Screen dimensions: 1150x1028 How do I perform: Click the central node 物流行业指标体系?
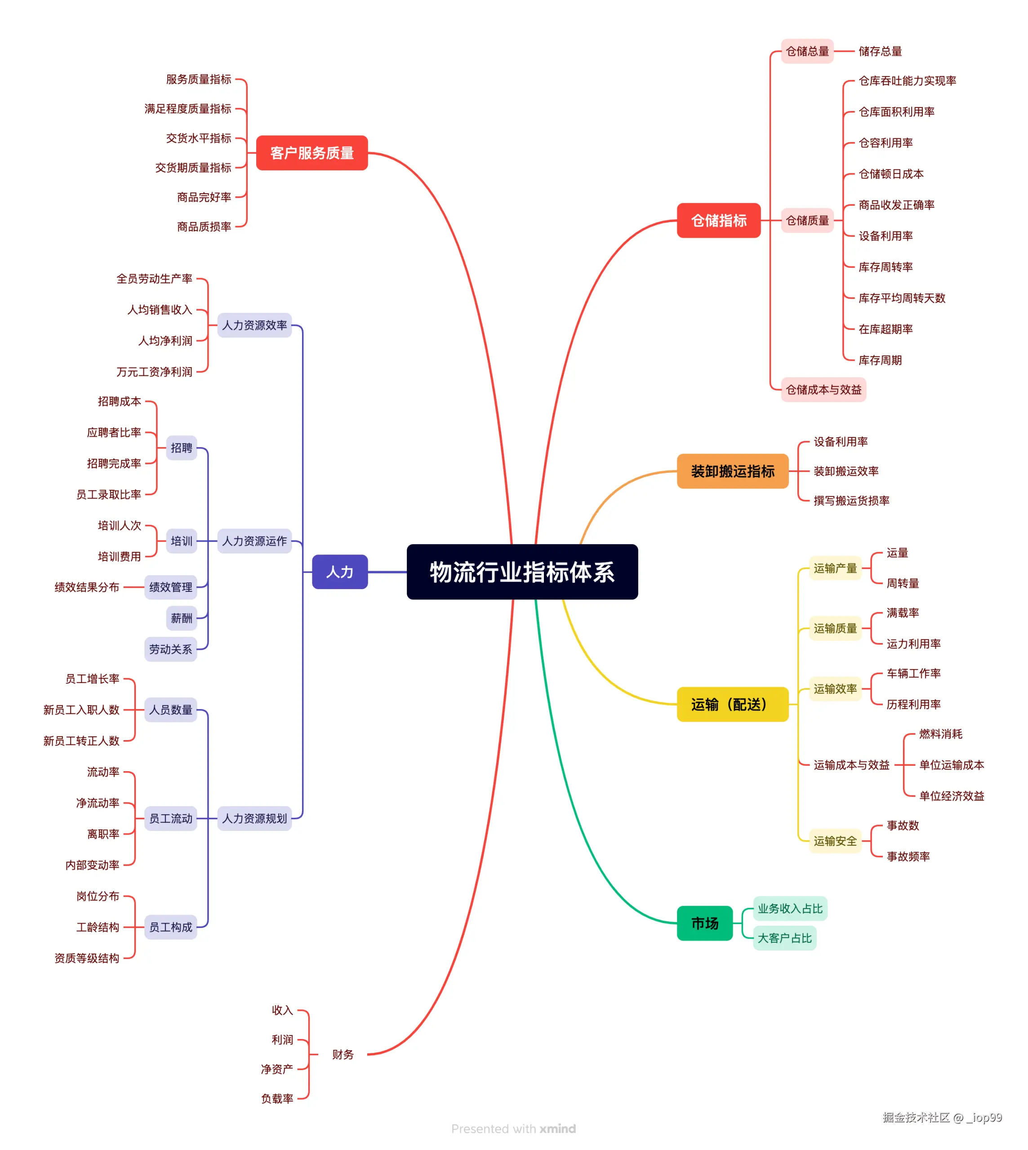(522, 572)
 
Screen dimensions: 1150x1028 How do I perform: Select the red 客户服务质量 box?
(312, 153)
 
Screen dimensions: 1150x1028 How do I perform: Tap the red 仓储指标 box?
(718, 220)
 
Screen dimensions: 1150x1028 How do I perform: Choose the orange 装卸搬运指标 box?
(732, 471)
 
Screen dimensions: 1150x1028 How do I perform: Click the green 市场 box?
(704, 923)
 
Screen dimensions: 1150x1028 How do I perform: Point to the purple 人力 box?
(339, 572)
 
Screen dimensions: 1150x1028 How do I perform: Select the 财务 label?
(342, 1054)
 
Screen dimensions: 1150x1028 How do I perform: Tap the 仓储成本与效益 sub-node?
(823, 390)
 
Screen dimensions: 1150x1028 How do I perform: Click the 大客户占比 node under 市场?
(784, 938)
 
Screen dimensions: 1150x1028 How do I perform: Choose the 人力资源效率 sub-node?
(254, 325)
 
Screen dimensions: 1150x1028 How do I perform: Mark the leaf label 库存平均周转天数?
(902, 298)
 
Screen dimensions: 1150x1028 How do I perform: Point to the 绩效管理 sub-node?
(170, 587)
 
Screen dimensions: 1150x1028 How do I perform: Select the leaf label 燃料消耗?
(940, 734)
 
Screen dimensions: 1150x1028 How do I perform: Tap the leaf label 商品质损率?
(204, 227)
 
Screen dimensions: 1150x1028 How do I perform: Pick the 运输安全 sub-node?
(835, 841)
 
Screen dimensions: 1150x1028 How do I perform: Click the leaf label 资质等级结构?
(87, 958)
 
